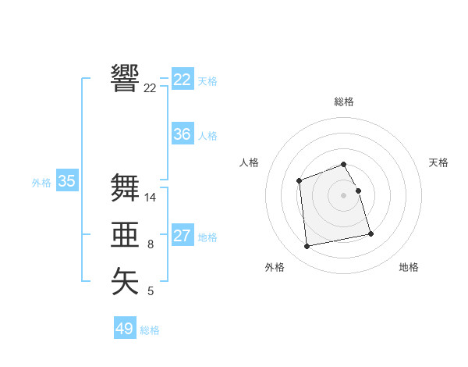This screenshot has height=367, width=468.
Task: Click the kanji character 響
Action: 126,78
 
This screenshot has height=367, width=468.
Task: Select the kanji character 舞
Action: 126,187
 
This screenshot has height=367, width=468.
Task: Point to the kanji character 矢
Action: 126,281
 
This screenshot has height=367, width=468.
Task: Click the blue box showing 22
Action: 183,80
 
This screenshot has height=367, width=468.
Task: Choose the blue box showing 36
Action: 183,134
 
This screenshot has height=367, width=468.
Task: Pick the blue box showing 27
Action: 183,236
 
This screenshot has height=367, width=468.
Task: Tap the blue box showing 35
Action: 67,182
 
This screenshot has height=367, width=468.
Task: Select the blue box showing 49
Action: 125,329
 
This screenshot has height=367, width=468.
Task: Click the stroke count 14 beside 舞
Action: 151,198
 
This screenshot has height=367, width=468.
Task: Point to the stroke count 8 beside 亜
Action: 151,244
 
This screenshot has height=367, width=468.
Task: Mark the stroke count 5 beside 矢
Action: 151,291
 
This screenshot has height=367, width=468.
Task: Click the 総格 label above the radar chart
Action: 344,102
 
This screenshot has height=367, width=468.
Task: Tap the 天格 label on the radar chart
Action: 439,162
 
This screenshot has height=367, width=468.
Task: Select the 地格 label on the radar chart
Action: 409,267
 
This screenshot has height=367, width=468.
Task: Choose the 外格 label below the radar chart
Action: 275,267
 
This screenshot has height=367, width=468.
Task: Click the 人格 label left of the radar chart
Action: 249,162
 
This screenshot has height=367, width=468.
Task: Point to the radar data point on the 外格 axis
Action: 307,246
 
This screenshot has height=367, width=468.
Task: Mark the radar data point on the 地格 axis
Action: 370,233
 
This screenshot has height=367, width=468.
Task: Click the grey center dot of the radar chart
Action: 344,194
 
